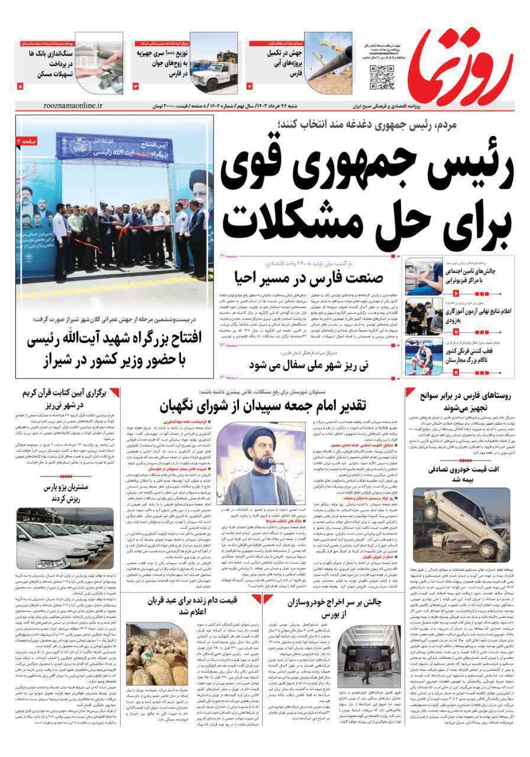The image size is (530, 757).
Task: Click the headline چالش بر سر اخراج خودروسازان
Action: click(x=319, y=608)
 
